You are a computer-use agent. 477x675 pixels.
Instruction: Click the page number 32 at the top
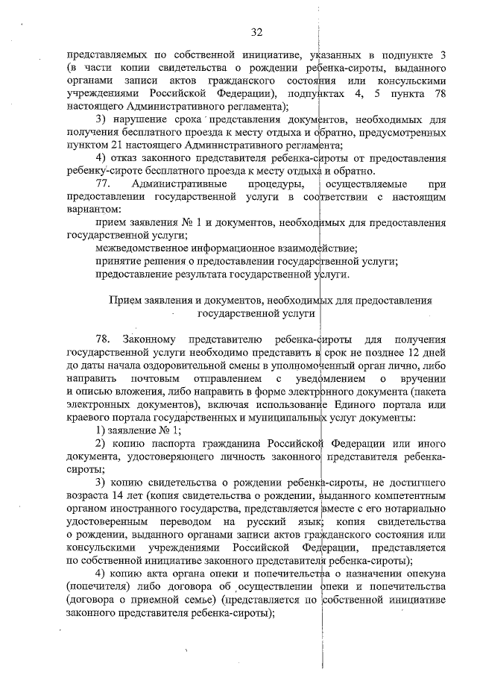pyautogui.click(x=256, y=31)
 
